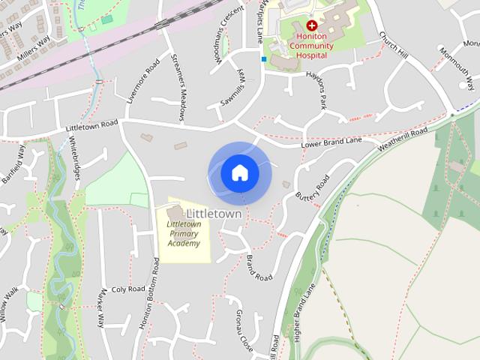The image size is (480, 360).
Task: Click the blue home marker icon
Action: [240, 173]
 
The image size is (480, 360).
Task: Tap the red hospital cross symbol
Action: [312, 25]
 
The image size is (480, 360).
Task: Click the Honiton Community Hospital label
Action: [312, 45]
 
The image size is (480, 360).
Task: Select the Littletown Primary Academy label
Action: [184, 233]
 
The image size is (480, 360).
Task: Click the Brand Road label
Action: [259, 268]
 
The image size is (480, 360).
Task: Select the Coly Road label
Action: [127, 289]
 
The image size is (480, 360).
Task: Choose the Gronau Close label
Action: [244, 324]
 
